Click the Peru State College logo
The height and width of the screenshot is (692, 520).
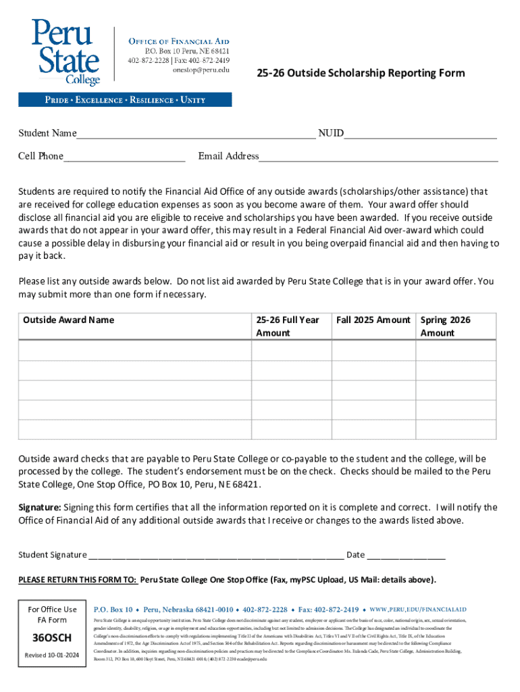tap(66, 52)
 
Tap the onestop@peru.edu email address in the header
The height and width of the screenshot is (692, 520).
tap(201, 70)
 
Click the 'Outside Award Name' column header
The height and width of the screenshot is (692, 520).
tap(69, 320)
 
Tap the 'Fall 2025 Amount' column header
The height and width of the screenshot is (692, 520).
tap(373, 320)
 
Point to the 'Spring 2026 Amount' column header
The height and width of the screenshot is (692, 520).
tap(446, 326)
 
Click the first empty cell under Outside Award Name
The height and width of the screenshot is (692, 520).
tap(134, 350)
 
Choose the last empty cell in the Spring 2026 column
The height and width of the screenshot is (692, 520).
tap(456, 430)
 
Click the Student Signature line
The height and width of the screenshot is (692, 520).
tap(215, 555)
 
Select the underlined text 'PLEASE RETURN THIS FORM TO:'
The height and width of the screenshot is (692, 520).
tap(78, 580)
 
